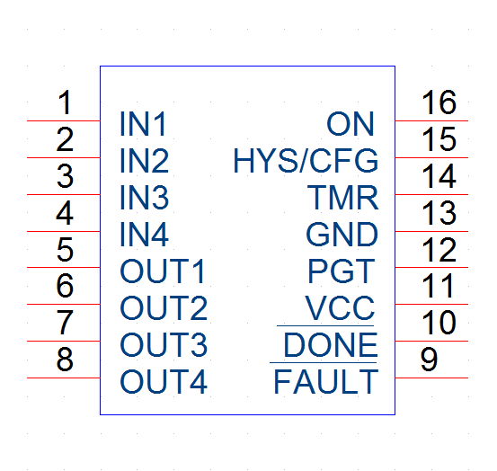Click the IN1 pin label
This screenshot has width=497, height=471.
pos(143,124)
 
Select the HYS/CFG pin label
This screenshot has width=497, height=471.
pos(306,161)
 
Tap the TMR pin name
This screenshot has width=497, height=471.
pos(343,198)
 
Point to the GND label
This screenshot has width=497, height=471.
pos(342,235)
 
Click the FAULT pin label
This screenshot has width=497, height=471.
pos(326,382)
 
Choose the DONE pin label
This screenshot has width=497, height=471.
pos(331,345)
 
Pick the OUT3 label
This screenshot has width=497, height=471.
pos(164,345)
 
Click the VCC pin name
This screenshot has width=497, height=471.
pos(340,307)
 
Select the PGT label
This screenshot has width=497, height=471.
pos(342,271)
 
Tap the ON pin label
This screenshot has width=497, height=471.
pos(351,124)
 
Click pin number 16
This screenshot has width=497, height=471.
pos(439,102)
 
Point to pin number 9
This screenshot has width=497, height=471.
pos(430,360)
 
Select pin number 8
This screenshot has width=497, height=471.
pos(65,360)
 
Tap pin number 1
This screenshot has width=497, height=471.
pos(65,102)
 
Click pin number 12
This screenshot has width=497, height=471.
pos(439,250)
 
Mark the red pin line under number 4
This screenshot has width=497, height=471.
pos(64,231)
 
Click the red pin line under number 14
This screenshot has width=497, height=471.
pos(431,194)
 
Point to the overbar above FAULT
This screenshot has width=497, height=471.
pos(323,362)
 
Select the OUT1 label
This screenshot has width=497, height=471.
pos(163,271)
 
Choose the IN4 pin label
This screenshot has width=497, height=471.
pos(144,235)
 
